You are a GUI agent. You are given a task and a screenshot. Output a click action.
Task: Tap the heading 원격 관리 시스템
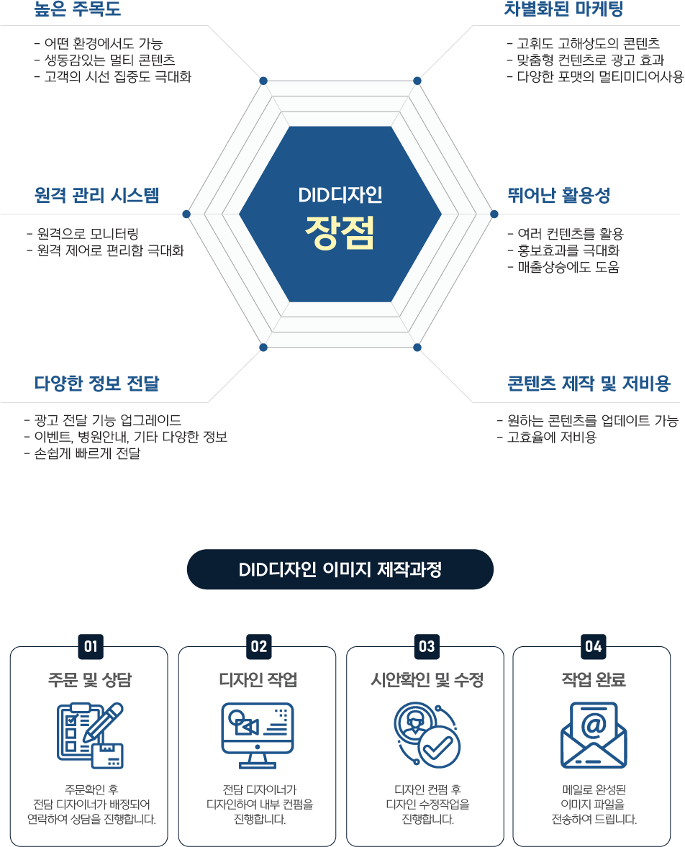pyautogui.click(x=96, y=195)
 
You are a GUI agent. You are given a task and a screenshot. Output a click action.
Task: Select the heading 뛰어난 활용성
pyautogui.click(x=558, y=195)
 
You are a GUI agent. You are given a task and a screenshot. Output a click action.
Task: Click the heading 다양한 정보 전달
pyautogui.click(x=97, y=384)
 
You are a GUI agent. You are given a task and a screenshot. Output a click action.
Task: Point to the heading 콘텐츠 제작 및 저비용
pyautogui.click(x=589, y=384)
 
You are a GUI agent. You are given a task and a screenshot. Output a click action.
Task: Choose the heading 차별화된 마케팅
pyautogui.click(x=563, y=9)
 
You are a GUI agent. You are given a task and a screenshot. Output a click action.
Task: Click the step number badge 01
pyautogui.click(x=90, y=646)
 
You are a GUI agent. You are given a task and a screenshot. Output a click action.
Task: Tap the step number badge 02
pyautogui.click(x=258, y=646)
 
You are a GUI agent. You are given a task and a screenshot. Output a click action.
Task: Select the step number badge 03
pyautogui.click(x=427, y=646)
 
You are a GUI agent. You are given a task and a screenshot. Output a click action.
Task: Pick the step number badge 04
pyautogui.click(x=594, y=646)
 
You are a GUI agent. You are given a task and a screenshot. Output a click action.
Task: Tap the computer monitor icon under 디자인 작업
pyautogui.click(x=257, y=735)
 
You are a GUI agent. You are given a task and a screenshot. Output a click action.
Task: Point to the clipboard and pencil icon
pyautogui.click(x=90, y=735)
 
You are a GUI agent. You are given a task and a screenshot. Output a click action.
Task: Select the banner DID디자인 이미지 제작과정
pyautogui.click(x=340, y=570)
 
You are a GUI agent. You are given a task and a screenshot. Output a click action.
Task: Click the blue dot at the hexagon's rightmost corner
pyautogui.click(x=494, y=214)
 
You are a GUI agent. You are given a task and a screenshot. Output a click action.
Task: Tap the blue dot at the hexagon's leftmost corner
pyautogui.click(x=186, y=214)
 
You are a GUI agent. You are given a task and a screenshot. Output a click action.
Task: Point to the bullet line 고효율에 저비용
pyautogui.click(x=547, y=438)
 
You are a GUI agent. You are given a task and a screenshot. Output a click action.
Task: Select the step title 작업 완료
pyautogui.click(x=594, y=680)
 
